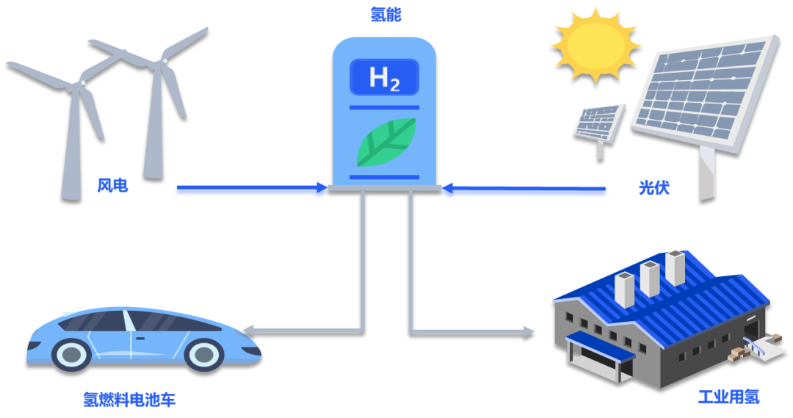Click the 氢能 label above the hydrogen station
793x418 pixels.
click(x=385, y=15)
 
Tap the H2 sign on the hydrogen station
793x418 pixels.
click(x=384, y=77)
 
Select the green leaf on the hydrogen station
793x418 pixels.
click(x=386, y=143)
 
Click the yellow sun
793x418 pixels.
click(x=595, y=45)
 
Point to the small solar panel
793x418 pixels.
click(x=600, y=123)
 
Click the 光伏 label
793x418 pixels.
click(x=654, y=188)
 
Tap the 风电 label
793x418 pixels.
click(x=112, y=186)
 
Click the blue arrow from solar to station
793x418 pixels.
click(x=524, y=189)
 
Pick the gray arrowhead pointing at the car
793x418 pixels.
click(x=248, y=331)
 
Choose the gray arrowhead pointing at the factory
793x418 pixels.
click(x=528, y=333)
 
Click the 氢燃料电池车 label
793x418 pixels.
click(x=129, y=400)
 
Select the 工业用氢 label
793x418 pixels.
click(x=729, y=397)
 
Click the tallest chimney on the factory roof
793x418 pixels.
click(x=676, y=267)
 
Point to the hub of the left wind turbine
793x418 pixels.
click(x=82, y=82)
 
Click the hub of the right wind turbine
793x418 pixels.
click(x=164, y=61)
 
